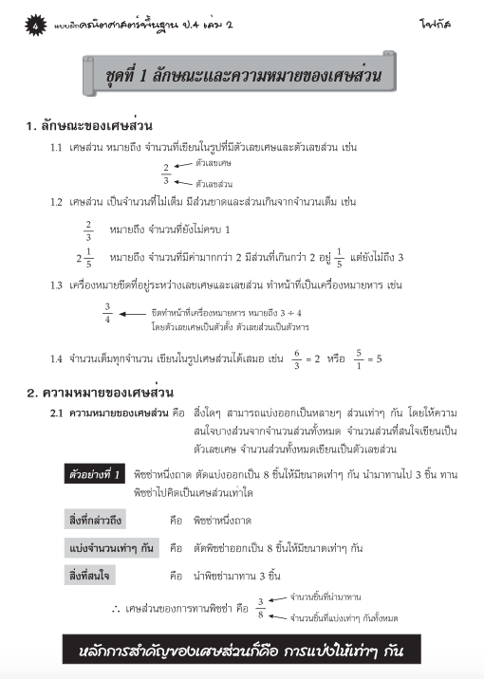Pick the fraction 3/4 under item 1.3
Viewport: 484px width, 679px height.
108,313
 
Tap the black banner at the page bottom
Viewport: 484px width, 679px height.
241,651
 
